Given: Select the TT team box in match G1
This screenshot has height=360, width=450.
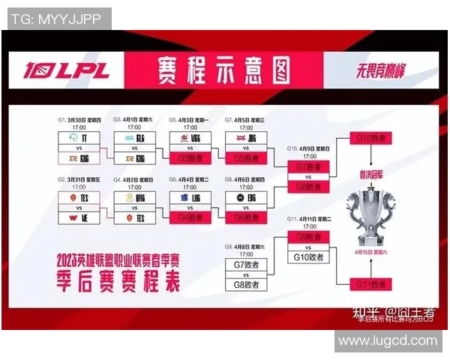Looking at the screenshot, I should click(78, 138).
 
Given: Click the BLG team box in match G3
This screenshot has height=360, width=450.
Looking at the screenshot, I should click(133, 138).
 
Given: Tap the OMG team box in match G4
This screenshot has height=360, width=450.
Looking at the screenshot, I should click(133, 196).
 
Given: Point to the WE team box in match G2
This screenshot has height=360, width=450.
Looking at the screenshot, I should click(78, 217).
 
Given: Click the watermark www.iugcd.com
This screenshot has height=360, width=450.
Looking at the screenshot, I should click(387, 340).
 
